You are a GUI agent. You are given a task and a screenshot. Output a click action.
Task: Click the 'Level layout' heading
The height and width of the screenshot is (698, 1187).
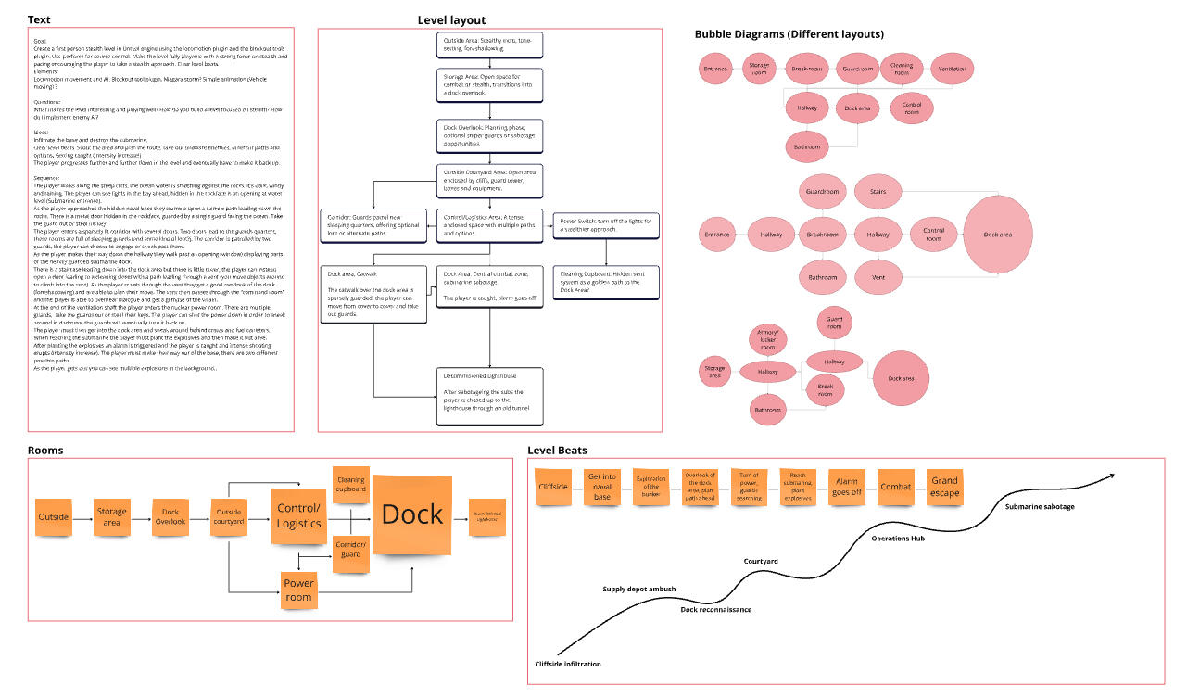click(451, 20)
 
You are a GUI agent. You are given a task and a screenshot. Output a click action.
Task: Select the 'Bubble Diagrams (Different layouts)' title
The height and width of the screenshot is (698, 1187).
click(789, 34)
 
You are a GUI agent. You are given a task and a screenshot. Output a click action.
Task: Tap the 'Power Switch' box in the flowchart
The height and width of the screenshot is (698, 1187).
click(606, 225)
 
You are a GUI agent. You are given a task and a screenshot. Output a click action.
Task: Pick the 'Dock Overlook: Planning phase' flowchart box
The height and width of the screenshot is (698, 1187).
click(490, 135)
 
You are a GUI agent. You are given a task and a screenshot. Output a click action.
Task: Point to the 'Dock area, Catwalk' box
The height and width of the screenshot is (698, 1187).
click(373, 295)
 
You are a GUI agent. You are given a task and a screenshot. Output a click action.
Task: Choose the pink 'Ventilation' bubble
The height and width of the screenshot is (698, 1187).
click(952, 70)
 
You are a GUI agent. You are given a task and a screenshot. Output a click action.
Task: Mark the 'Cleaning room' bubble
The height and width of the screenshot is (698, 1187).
click(902, 70)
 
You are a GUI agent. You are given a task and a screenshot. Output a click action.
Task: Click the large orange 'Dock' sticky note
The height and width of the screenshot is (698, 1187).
click(412, 514)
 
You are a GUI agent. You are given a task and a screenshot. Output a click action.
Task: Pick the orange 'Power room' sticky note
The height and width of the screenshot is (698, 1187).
click(299, 589)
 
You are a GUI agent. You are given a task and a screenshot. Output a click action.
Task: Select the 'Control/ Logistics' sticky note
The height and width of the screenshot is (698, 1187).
click(300, 516)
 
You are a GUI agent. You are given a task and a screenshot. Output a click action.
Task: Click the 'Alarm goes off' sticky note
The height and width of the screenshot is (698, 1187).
click(846, 487)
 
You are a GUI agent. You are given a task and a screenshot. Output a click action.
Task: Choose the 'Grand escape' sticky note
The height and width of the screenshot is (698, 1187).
click(944, 487)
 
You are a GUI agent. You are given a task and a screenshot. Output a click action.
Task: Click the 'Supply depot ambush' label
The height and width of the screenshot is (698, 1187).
click(639, 589)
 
